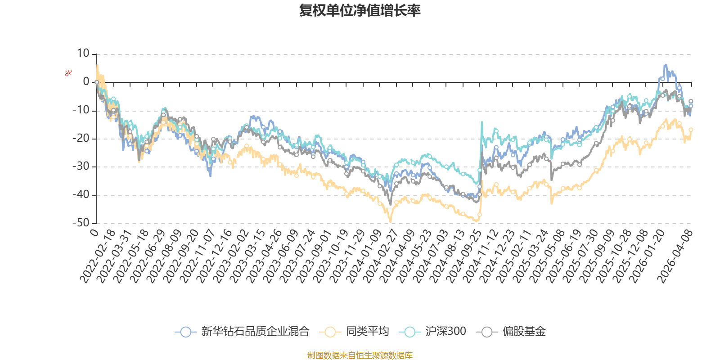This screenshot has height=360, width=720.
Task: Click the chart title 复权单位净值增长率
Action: point(360,10)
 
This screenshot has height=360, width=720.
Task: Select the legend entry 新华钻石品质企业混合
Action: point(242,331)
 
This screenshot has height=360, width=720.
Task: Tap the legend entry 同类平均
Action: point(354,331)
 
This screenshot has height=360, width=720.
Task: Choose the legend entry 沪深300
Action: point(432,331)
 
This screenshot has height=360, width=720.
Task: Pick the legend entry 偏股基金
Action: point(511,331)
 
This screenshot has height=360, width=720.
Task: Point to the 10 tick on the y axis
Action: point(83,54)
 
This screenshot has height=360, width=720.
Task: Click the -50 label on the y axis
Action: point(81,223)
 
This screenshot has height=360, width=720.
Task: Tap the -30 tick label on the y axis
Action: point(81,166)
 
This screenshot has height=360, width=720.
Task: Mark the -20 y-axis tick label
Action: point(81,138)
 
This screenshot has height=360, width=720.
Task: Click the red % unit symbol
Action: point(68,73)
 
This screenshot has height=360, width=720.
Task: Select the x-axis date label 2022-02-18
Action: point(97,256)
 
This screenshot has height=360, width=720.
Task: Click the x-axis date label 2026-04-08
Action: point(675,256)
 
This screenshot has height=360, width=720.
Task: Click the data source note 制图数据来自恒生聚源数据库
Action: point(360,355)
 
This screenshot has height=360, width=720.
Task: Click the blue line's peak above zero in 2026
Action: point(666,65)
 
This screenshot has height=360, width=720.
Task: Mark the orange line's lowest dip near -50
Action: point(391,221)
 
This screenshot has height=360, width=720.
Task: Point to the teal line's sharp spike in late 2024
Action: point(482,122)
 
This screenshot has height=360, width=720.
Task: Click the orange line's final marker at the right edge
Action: point(691,130)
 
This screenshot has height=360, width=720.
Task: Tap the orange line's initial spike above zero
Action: point(97,65)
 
